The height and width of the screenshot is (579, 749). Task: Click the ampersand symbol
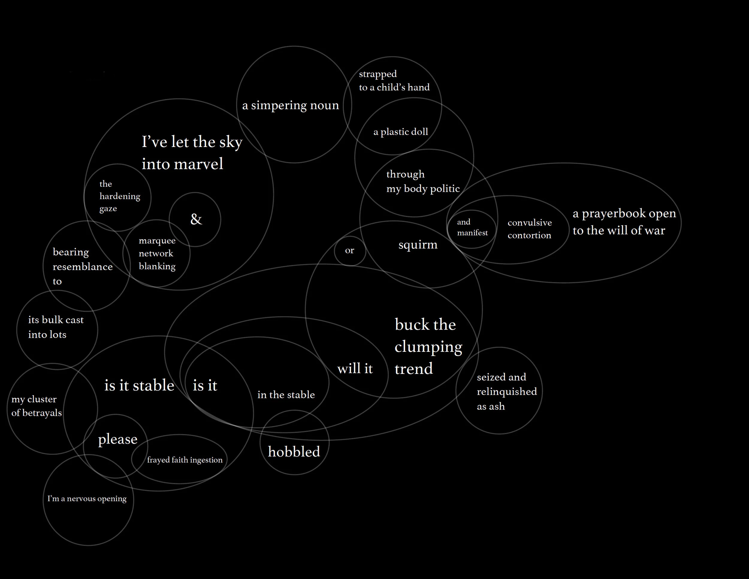click(196, 219)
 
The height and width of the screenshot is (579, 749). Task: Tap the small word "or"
click(349, 251)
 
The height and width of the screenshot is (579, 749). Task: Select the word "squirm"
click(418, 245)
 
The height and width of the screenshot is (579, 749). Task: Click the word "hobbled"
click(294, 451)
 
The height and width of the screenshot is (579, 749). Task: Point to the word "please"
click(118, 439)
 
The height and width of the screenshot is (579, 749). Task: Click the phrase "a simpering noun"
click(291, 105)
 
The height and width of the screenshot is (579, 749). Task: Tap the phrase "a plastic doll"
click(401, 132)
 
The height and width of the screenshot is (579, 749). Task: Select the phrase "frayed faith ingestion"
click(185, 460)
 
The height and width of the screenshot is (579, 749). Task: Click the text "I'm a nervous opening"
click(87, 498)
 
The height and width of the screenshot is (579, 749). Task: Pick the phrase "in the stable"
click(286, 395)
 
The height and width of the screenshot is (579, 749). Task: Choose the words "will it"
click(355, 369)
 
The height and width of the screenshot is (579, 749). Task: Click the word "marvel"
click(199, 164)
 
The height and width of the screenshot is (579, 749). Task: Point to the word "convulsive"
click(529, 223)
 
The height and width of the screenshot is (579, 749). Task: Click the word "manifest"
click(472, 233)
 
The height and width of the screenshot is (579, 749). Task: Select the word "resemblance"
click(83, 266)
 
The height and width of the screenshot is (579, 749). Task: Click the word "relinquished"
click(507, 392)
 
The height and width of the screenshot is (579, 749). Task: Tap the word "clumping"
click(428, 347)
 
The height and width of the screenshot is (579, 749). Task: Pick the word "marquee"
click(157, 240)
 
